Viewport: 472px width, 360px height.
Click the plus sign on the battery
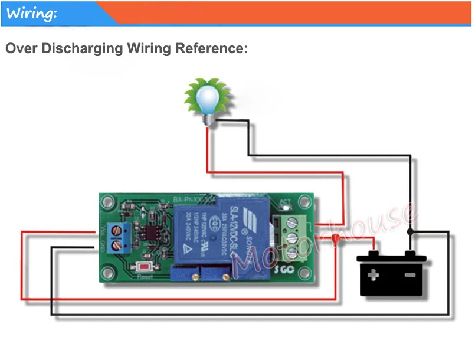[x=373, y=275]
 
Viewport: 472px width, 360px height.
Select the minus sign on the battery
[x=409, y=275]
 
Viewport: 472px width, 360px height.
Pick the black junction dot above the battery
[x=411, y=232]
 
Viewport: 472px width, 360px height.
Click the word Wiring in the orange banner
[x=32, y=13]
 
